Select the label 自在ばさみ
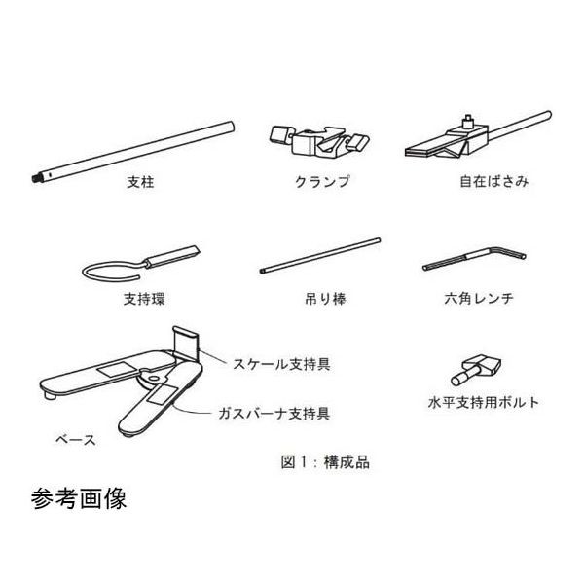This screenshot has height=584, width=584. pos(494,183)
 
